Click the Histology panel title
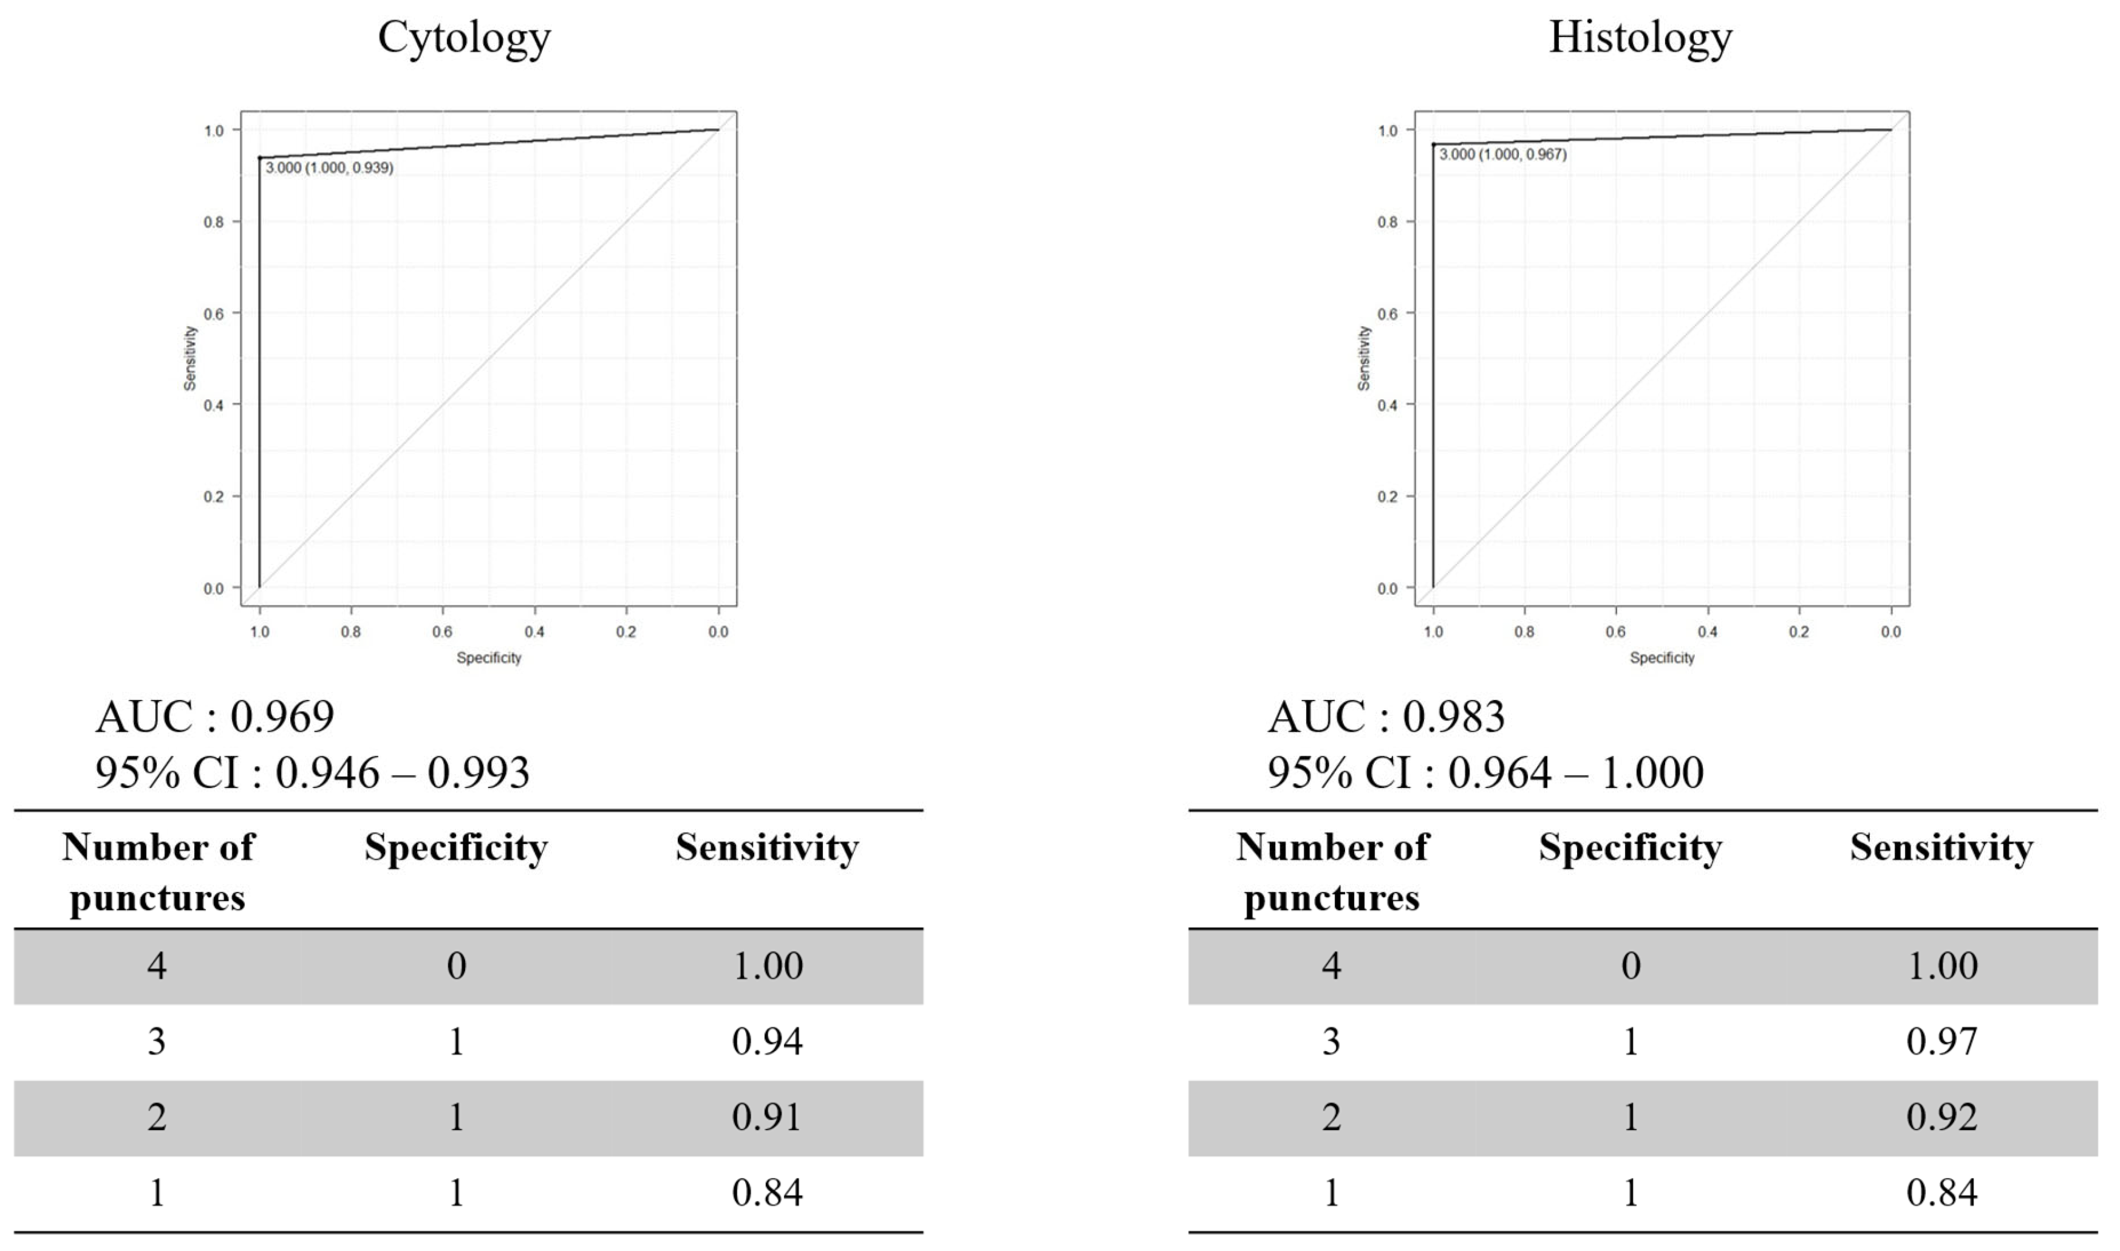pos(1640,38)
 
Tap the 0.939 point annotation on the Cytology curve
pos(329,168)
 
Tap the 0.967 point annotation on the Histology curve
pos(1502,154)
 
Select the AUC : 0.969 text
pos(215,718)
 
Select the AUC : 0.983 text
pos(1386,718)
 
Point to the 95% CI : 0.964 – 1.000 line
pos(1485,772)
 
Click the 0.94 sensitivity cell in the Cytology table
pos(767,1042)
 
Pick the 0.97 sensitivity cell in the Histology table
pos(1941,1042)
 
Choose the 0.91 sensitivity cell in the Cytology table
pos(767,1117)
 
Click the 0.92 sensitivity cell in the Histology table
pos(1941,1117)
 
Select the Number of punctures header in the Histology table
pos(1331,872)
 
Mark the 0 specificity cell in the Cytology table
pos(456,966)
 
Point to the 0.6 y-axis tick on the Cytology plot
pos(213,314)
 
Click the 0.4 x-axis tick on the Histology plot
pos(1707,631)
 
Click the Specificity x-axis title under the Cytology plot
pos(489,657)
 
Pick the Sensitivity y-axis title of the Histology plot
pos(1363,358)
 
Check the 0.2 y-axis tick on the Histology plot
pos(1387,496)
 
